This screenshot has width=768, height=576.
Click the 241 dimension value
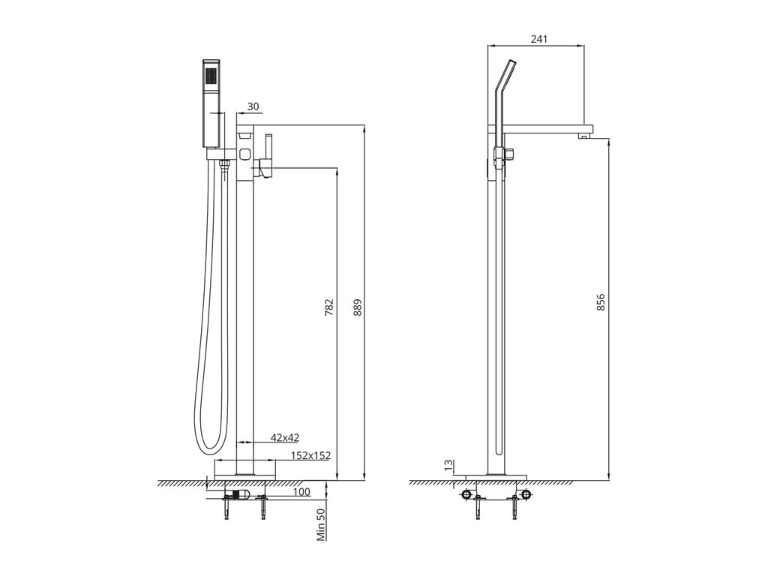point(538,39)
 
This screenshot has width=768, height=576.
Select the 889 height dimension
point(358,307)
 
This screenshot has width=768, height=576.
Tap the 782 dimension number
point(330,307)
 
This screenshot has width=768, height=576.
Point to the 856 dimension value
point(601,302)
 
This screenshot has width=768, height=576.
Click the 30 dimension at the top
point(253,106)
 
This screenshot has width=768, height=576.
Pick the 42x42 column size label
point(285,437)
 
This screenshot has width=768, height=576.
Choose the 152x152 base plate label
point(310,455)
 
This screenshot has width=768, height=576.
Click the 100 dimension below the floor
point(301,492)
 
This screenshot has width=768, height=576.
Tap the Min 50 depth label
point(321,524)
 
